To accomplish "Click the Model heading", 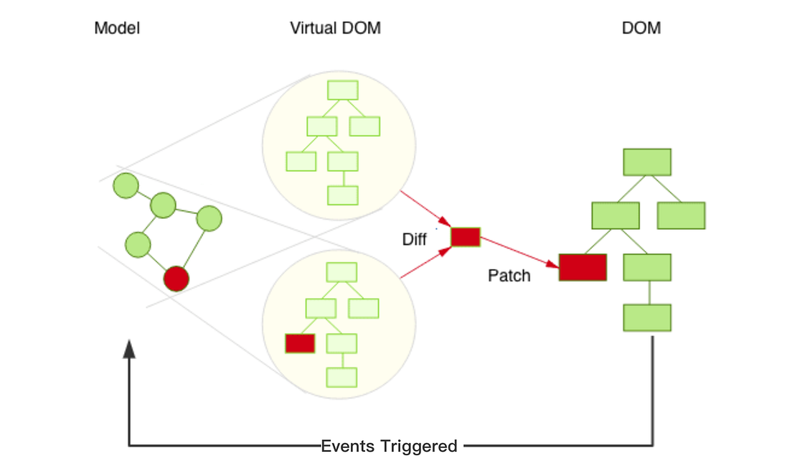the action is pos(117,28).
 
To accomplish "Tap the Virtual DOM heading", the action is pos(336,28).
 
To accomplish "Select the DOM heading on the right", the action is pos(641,28).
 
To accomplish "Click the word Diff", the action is pos(414,239).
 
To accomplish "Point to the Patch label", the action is pos(509,276).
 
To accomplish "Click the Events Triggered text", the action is pos(389,446).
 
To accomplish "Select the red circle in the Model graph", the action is pos(176,279).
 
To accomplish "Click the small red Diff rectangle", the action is pos(465,237).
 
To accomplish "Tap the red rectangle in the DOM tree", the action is pos(583,267).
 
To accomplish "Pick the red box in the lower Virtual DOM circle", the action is pos(300,343).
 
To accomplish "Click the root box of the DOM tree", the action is pos(647,162).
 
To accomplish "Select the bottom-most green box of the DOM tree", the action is pos(647,318).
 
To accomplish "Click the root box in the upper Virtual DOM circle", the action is pos(343,90).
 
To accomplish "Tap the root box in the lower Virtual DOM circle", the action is pos(342,272).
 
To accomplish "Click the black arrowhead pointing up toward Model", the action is pos(129,349).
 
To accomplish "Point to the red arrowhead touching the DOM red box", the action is pos(552,264).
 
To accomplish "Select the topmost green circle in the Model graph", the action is pos(126,185).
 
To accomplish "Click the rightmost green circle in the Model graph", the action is pos(209,218).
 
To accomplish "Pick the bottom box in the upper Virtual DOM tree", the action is pos(343,195).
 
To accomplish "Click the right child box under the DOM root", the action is pos(681,216).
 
